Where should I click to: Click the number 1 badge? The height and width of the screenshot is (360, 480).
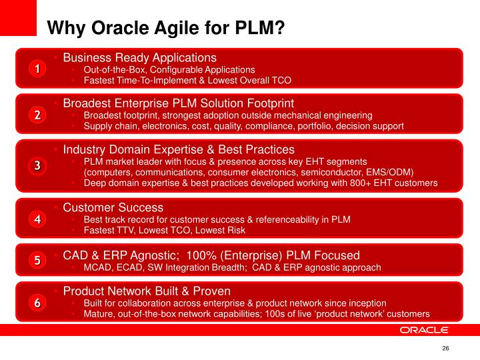[x=37, y=69]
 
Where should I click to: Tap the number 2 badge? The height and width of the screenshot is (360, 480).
[x=37, y=115]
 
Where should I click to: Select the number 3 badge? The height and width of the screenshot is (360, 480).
[x=37, y=166]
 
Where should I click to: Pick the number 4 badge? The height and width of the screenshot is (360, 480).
[x=37, y=219]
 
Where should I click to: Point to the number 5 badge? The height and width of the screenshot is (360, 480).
[x=37, y=261]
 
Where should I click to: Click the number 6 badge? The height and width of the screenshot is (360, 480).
[x=37, y=303]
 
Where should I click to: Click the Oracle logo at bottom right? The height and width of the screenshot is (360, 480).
[x=425, y=330]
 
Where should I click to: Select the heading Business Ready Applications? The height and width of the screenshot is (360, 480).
[x=139, y=58]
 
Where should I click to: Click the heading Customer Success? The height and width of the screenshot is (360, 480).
[x=113, y=208]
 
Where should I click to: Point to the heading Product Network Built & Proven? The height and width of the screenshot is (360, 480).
[x=147, y=291]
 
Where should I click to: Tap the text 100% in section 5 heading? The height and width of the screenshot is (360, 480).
[x=202, y=255]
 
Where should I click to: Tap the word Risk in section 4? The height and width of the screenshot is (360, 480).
[x=235, y=231]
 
